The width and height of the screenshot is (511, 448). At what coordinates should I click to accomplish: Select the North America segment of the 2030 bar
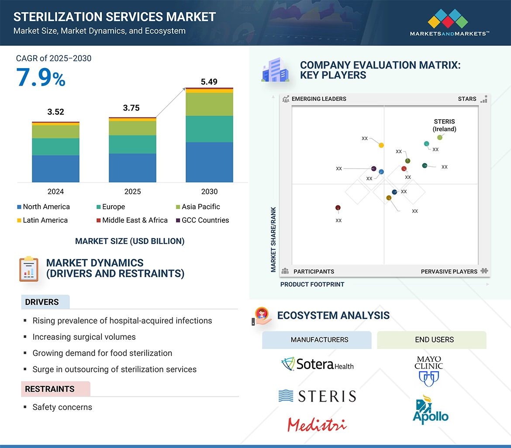(209, 162)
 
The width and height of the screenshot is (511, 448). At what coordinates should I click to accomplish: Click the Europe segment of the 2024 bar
(55, 147)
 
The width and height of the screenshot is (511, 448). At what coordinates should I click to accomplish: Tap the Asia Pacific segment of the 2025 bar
(132, 128)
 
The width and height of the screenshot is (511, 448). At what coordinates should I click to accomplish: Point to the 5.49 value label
(209, 82)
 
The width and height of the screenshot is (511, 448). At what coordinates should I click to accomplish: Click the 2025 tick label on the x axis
(132, 191)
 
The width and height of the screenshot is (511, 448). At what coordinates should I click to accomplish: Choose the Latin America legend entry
(42, 220)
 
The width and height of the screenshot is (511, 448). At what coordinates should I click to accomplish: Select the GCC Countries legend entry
(202, 220)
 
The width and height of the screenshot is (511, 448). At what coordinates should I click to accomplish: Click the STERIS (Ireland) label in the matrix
(444, 125)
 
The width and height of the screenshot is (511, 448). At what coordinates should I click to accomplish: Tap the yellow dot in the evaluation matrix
(381, 145)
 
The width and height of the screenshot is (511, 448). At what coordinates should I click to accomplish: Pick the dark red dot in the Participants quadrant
(338, 208)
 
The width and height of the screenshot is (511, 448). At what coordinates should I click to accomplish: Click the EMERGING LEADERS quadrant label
(318, 99)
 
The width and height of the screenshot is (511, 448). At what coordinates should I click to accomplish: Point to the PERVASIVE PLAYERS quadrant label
(449, 271)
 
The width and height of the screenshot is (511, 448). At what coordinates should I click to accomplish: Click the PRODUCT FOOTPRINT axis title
(312, 284)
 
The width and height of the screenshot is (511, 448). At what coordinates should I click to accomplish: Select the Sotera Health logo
(318, 364)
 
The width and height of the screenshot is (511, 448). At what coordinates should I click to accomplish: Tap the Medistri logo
(317, 424)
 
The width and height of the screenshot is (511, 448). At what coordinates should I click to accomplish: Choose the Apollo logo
(430, 411)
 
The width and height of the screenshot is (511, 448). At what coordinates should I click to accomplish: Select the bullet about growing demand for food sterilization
(102, 353)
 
